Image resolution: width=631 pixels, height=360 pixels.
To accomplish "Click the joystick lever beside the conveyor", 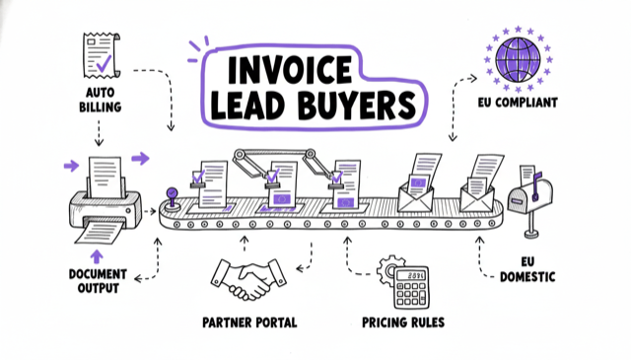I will click(173, 197).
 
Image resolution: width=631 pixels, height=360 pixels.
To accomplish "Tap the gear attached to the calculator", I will click(388, 268).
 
